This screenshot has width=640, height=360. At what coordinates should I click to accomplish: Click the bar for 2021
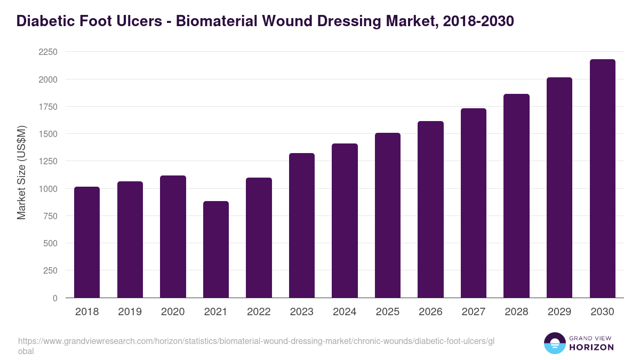216,250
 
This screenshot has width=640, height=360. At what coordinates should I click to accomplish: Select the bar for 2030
602,179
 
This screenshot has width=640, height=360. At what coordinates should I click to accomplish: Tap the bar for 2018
87,242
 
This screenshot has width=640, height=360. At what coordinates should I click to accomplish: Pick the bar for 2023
302,226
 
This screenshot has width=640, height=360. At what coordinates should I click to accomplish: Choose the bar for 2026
430,210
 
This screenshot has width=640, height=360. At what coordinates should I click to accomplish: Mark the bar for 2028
516,196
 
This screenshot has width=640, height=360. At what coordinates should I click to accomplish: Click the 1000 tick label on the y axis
47,189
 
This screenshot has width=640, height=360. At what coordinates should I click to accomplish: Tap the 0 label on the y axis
54,298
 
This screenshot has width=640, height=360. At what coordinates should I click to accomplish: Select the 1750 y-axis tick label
47,107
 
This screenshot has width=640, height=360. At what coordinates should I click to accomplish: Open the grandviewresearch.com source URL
256,341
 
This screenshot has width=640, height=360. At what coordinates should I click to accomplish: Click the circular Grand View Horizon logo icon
555,343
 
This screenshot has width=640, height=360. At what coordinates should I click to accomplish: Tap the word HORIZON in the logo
591,347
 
